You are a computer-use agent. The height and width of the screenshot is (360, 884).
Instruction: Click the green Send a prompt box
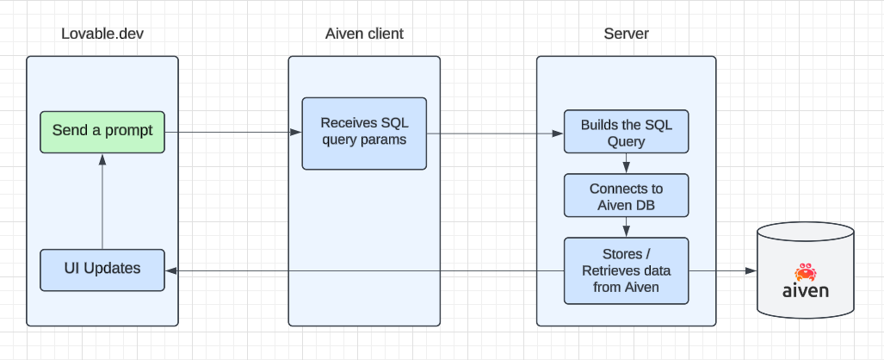[x=102, y=132]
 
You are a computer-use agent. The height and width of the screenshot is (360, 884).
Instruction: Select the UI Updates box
[x=102, y=270]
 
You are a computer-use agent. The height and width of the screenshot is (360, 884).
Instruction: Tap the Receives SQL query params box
[x=363, y=133]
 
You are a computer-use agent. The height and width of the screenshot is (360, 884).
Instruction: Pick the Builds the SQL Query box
[x=626, y=132]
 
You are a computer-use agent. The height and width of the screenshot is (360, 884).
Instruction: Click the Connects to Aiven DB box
[x=626, y=196]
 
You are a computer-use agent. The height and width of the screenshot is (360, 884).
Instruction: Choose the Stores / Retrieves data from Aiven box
[x=626, y=270]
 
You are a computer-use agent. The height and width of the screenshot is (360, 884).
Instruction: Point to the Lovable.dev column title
[x=102, y=34]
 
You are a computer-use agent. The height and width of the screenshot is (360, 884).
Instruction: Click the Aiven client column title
[x=363, y=34]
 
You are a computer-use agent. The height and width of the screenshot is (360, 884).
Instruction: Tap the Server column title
[x=626, y=34]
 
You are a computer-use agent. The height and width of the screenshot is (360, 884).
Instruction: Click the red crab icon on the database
[x=806, y=272]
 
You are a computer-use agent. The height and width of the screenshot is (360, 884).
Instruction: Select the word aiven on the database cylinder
[x=806, y=290]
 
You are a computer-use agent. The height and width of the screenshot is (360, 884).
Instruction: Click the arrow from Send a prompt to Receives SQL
[x=232, y=132]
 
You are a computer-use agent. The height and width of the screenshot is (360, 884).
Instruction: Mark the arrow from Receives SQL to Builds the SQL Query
[x=495, y=133]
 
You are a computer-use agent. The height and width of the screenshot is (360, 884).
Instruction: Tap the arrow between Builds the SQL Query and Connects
[x=626, y=164]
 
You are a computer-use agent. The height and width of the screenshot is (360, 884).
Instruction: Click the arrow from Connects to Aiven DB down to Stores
[x=626, y=227]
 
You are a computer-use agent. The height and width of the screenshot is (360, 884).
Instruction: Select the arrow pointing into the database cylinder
[x=723, y=270]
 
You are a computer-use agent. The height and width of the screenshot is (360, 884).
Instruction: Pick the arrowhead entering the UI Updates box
[x=170, y=270]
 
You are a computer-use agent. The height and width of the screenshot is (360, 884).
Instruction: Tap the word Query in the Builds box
[x=626, y=141]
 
